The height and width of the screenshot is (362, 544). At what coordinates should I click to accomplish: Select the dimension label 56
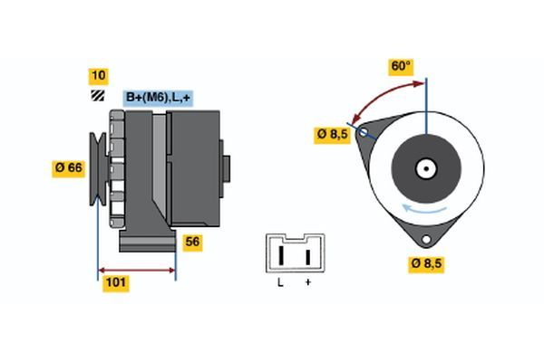click(x=192, y=242)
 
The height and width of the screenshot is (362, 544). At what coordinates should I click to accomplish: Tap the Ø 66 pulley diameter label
click(x=70, y=167)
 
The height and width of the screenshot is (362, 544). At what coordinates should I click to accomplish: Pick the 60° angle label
click(x=401, y=67)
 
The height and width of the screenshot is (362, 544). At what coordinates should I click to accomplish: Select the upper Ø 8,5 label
click(x=332, y=134)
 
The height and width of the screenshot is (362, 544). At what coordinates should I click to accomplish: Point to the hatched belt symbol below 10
click(x=97, y=96)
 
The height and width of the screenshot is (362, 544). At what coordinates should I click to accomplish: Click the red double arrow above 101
click(x=136, y=270)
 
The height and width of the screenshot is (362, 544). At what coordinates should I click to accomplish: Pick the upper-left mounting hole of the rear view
click(x=364, y=132)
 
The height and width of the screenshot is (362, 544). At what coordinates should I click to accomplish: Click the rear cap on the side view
click(x=225, y=168)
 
